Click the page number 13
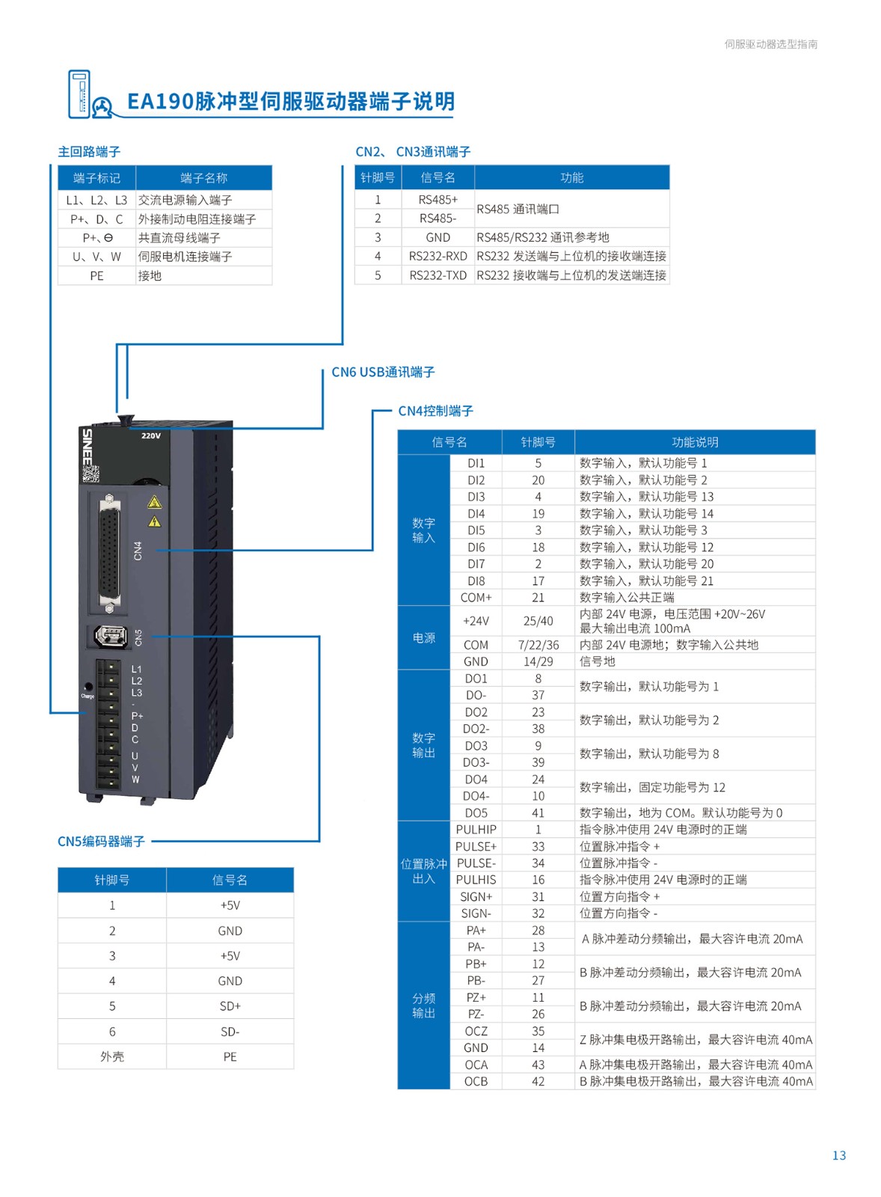point(838,1155)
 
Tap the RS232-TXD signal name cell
point(438,275)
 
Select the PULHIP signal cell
point(476,830)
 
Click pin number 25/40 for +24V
point(538,621)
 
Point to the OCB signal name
point(476,1081)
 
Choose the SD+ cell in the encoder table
point(230,1006)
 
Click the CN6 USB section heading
point(383,372)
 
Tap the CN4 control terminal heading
point(435,411)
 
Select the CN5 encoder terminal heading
point(101,841)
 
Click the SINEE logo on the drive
point(88,445)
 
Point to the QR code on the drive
point(90,474)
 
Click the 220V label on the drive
point(151,435)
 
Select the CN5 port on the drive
point(110,637)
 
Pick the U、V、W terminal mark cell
point(96,257)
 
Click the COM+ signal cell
point(476,598)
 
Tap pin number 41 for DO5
point(538,812)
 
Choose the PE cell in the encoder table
point(230,1056)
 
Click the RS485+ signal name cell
point(438,200)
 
